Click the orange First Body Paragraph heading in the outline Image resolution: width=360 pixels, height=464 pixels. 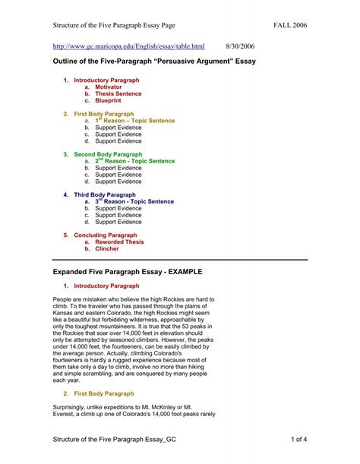pyautogui.click(x=104, y=114)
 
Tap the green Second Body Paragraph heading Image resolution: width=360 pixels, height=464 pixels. pyautogui.click(x=108, y=154)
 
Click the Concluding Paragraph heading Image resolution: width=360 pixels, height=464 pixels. pyautogui.click(x=105, y=235)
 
